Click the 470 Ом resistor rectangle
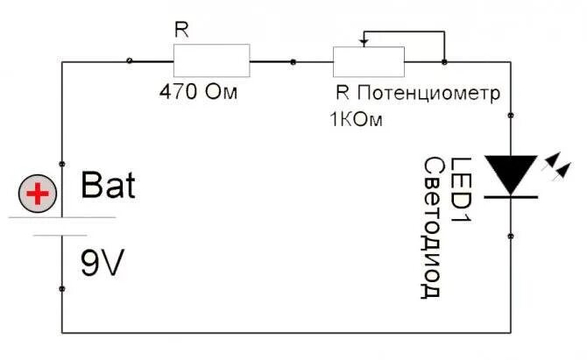pyautogui.click(x=211, y=61)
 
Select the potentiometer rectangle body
pyautogui.click(x=368, y=62)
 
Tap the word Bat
pyautogui.click(x=108, y=186)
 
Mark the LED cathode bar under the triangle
pyautogui.click(x=511, y=196)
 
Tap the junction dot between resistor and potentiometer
pyautogui.click(x=292, y=62)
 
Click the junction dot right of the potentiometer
pyautogui.click(x=445, y=62)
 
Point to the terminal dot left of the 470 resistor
pyautogui.click(x=131, y=61)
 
